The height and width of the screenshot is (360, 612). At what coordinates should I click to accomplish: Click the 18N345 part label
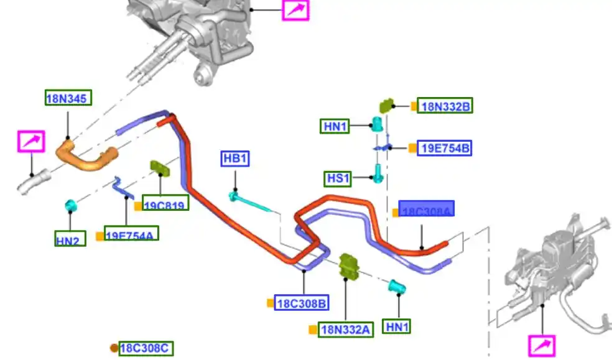tap(68, 98)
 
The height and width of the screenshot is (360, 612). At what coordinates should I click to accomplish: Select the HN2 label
tap(70, 238)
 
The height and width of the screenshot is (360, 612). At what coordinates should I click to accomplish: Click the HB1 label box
tap(235, 159)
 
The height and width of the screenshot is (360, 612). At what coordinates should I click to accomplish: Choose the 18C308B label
tap(302, 303)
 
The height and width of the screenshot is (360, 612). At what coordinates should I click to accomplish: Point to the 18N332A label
tap(345, 330)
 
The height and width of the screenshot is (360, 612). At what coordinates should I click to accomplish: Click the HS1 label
tap(338, 179)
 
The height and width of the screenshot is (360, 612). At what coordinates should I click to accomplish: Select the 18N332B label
tap(445, 106)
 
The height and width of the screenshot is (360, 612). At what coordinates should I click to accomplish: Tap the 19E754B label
tap(445, 148)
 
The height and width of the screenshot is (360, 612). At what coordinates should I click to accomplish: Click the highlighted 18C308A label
tap(426, 209)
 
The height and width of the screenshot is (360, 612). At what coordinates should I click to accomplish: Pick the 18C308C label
tap(145, 348)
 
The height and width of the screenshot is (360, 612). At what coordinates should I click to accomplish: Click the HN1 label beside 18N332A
tap(398, 326)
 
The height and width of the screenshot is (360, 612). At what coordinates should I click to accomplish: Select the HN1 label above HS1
tap(336, 127)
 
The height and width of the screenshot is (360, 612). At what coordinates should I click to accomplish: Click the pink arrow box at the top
tap(295, 10)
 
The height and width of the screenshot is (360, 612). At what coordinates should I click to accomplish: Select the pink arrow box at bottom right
tap(541, 346)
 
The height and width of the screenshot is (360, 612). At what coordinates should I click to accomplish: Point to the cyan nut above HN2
tap(71, 204)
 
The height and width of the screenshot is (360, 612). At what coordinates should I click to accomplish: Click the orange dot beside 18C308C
tap(114, 348)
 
